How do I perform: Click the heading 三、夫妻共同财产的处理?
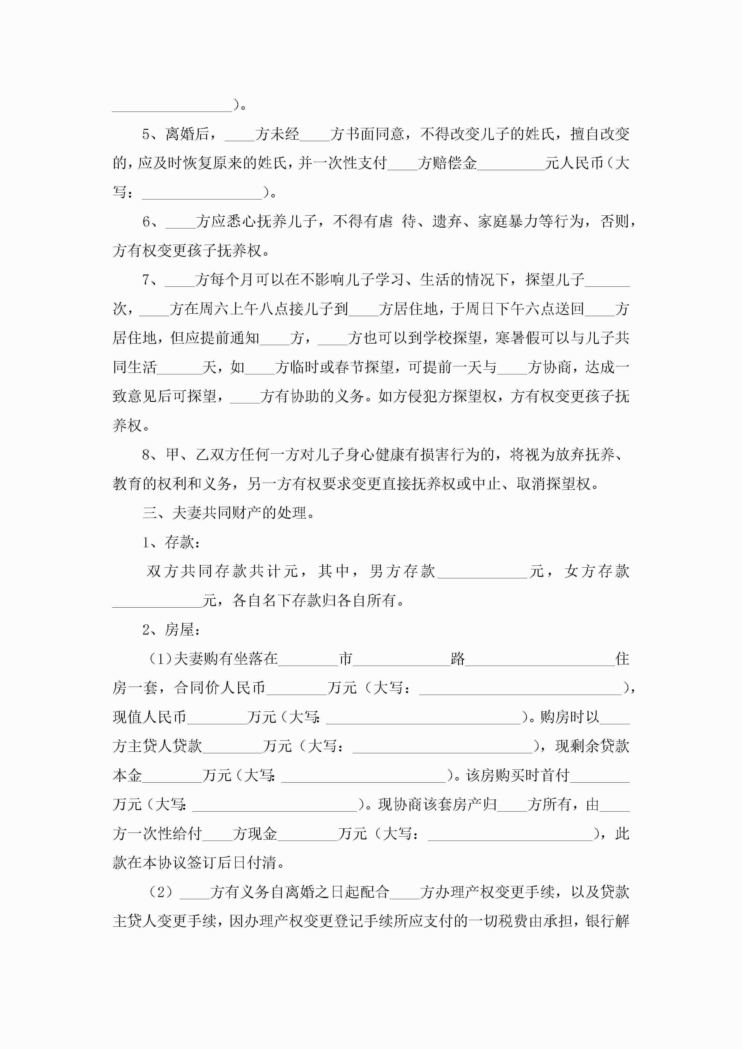(229, 513)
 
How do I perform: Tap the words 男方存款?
(402, 571)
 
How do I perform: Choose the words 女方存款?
(597, 571)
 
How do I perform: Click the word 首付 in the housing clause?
(556, 775)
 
